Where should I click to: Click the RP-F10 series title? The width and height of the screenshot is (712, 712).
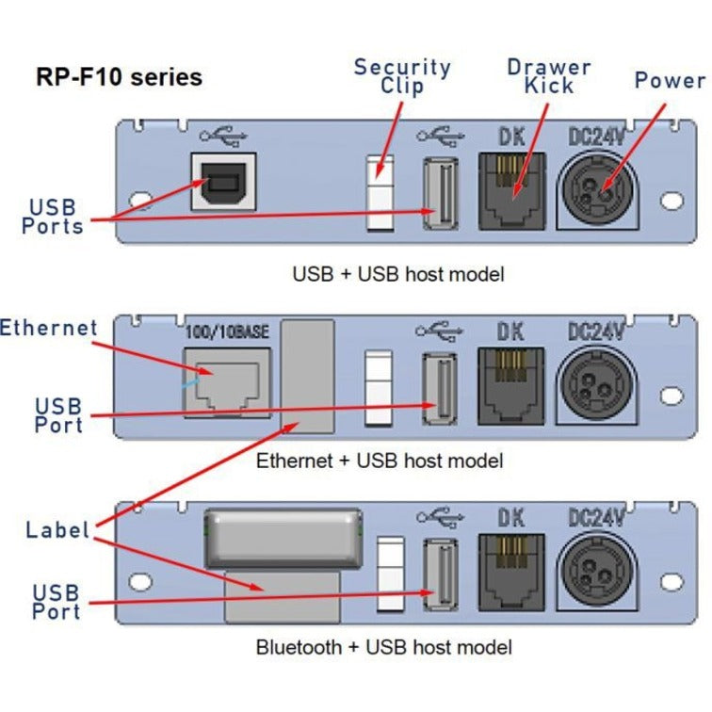[118, 76]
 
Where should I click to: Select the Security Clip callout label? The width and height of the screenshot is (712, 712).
[402, 76]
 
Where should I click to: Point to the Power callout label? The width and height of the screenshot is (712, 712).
[670, 80]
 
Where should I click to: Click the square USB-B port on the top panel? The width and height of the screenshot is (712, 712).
[222, 182]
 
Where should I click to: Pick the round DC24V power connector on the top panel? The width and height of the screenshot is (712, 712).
[598, 187]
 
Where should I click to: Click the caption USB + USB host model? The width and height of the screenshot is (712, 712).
[397, 274]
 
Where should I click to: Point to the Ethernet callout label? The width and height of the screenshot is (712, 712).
[49, 328]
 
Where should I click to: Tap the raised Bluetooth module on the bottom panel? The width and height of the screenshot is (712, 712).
[283, 538]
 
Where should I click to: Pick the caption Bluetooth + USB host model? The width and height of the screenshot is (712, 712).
[384, 647]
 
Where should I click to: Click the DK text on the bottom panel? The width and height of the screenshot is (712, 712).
[511, 516]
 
